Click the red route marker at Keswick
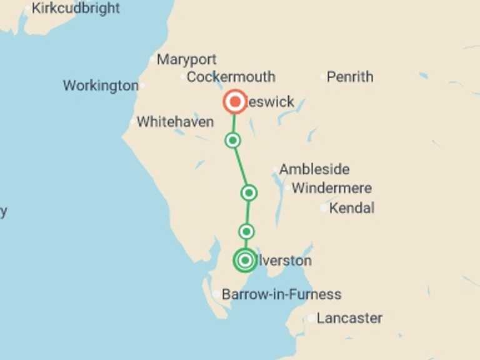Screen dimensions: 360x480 235,101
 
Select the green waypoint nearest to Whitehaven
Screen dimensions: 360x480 232,141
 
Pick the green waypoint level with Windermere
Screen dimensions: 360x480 249,192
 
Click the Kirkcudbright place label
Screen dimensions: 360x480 75,9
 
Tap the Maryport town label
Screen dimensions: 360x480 186,60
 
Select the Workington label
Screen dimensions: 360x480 100,86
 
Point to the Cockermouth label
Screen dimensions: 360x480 231,77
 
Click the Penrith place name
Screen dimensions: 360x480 350,77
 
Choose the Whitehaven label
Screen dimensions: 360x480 175,122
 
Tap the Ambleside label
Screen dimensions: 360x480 314,169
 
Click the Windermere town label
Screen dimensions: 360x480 331,188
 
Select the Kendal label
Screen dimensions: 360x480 351,208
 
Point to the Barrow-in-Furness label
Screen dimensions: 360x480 281,294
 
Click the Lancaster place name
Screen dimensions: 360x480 349,318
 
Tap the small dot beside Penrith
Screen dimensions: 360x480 323,77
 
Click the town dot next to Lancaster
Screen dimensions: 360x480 311,319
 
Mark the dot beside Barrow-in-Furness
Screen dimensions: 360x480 216,294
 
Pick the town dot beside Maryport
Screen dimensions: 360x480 152,60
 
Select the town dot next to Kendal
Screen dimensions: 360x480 324,208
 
